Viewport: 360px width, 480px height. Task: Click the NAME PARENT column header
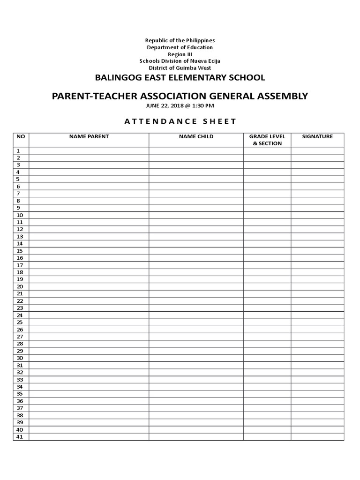pyautogui.click(x=89, y=136)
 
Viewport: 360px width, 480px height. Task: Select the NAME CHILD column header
pyautogui.click(x=196, y=136)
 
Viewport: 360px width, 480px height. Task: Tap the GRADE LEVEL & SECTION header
pyautogui.click(x=267, y=140)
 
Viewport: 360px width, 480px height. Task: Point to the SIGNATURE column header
pyautogui.click(x=317, y=136)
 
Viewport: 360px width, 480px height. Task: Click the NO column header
pyautogui.click(x=20, y=136)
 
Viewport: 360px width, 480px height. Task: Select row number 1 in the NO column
pyautogui.click(x=18, y=151)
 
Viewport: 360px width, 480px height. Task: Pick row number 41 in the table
pyautogui.click(x=20, y=437)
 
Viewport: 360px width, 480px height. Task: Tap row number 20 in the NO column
pyautogui.click(x=20, y=286)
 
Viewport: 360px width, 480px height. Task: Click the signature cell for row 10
pyautogui.click(x=317, y=215)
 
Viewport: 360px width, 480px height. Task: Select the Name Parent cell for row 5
pyautogui.click(x=89, y=179)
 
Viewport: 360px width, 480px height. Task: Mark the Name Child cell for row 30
pyautogui.click(x=196, y=358)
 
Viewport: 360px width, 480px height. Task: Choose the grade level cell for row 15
pyautogui.click(x=267, y=251)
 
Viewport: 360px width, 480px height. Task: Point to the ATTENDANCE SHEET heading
pyautogui.click(x=180, y=121)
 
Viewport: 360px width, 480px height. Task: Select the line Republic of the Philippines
pyautogui.click(x=180, y=41)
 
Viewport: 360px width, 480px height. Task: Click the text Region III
pyautogui.click(x=180, y=54)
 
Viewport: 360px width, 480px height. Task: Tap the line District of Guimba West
pyautogui.click(x=180, y=68)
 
